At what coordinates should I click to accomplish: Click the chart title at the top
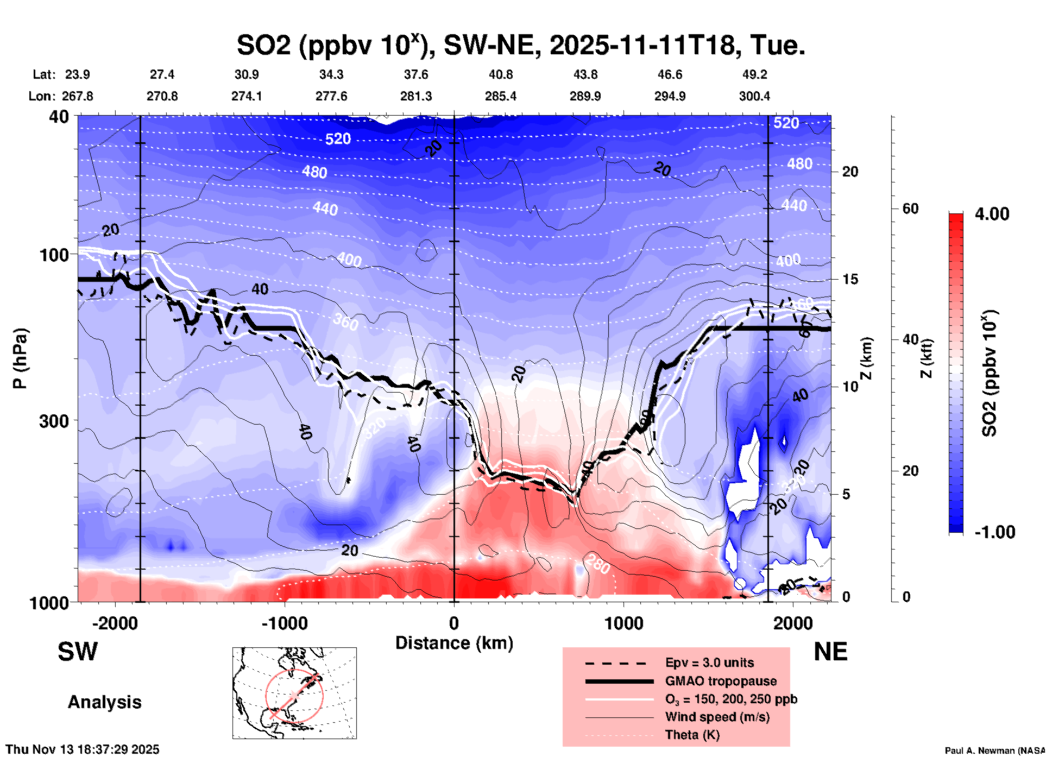click(520, 46)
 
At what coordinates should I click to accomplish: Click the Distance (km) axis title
click(454, 643)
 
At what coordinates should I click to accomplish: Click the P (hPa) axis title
click(20, 358)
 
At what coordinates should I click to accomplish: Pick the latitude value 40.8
click(501, 74)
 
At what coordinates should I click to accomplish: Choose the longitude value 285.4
click(501, 96)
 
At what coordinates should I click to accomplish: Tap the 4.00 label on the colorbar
click(992, 214)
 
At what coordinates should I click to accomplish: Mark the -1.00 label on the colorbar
click(994, 532)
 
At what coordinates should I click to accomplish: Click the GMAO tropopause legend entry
click(721, 681)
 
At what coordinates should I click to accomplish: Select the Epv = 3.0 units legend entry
click(709, 663)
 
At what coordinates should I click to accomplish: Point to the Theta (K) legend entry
click(692, 735)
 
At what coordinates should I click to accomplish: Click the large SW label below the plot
click(78, 652)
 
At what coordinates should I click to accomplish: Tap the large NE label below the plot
click(830, 652)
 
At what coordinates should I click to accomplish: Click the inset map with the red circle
click(294, 693)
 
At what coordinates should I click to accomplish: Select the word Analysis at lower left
click(104, 702)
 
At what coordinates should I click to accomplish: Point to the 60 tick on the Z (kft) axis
click(910, 209)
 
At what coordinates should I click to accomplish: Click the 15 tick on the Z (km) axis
click(850, 279)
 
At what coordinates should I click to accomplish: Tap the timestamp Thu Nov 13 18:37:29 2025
click(83, 749)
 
